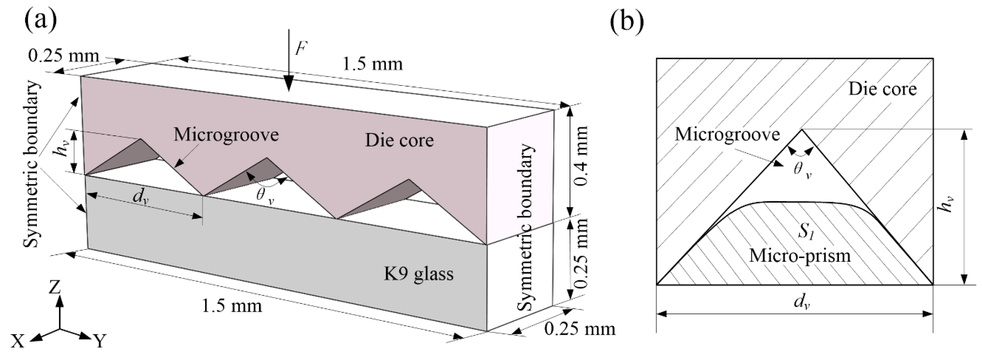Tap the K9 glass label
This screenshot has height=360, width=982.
(418, 274)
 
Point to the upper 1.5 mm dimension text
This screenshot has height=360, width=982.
(372, 64)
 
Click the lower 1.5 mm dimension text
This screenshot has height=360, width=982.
(232, 306)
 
